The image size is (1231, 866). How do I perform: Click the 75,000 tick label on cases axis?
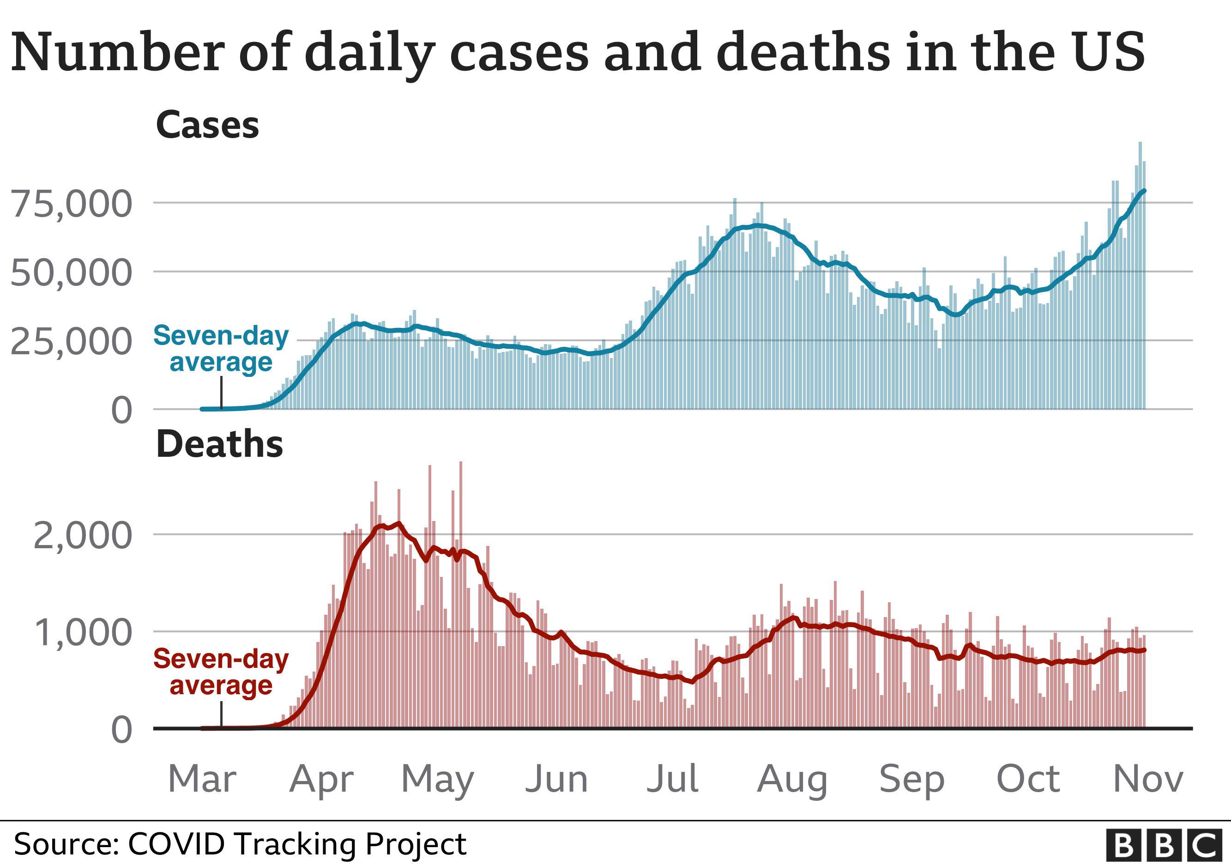click(x=71, y=204)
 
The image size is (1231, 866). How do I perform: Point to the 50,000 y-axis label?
click(x=71, y=273)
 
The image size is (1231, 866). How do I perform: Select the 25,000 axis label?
click(x=71, y=342)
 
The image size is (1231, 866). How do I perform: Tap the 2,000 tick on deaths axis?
click(x=83, y=536)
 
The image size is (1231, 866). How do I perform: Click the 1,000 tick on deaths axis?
click(x=83, y=633)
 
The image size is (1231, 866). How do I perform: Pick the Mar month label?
click(x=202, y=779)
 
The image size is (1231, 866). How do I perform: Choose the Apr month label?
click(x=322, y=779)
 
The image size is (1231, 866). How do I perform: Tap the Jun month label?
click(x=557, y=779)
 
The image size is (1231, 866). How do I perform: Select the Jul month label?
click(x=673, y=779)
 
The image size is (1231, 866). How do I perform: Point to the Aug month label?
click(x=792, y=780)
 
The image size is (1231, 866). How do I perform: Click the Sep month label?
click(x=912, y=780)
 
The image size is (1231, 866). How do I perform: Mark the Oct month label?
click(x=1028, y=779)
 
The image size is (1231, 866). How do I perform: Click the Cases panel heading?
click(x=207, y=125)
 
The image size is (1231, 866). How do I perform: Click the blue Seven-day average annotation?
click(x=221, y=349)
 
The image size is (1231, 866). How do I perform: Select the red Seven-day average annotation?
click(x=221, y=672)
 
